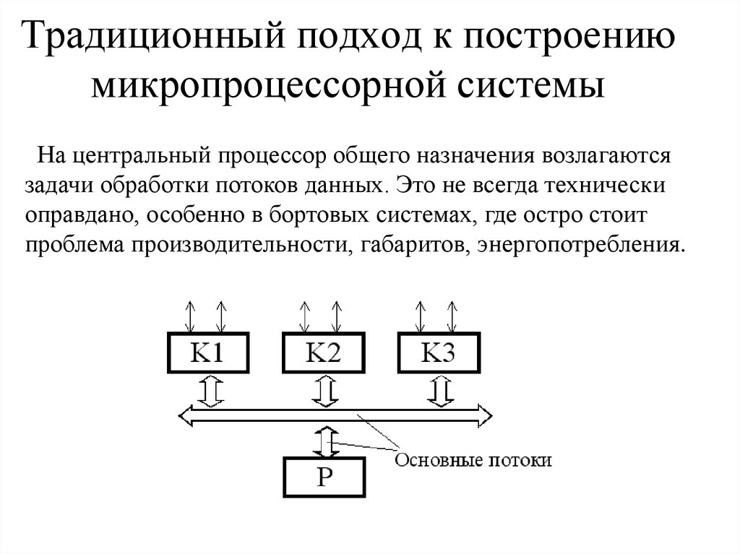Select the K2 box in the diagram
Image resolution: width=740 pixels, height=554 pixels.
(x=322, y=353)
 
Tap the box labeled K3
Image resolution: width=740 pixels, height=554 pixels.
(x=438, y=353)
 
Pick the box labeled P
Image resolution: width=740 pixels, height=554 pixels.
(x=324, y=478)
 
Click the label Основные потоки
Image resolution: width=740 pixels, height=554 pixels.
(x=473, y=460)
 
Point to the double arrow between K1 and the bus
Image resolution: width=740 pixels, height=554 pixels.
(x=210, y=391)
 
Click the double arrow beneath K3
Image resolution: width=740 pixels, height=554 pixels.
(x=439, y=391)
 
